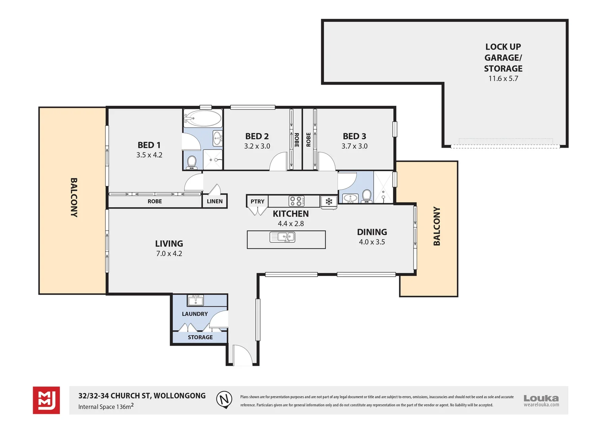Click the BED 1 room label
pos(149,145)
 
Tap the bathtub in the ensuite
pos(203,118)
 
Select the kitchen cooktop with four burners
pos(296,201)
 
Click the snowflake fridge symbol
pos(329,201)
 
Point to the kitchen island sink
pos(282,237)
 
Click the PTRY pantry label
pos(257,201)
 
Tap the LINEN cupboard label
pos(215,201)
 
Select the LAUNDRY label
pos(195,314)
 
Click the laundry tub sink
pos(195,300)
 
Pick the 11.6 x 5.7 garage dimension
pos(503,79)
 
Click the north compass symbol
pos(224,400)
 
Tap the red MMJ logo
pos(46,400)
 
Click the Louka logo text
pos(541,398)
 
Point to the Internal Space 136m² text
pos(106,406)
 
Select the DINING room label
pos(372,232)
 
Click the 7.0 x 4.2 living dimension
pos(169,254)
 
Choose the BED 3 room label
pos(354,136)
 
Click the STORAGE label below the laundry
pos(200,337)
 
